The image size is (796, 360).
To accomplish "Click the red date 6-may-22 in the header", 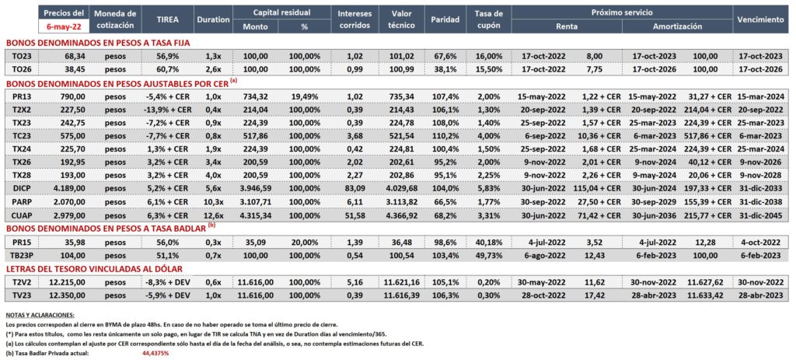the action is [63, 26].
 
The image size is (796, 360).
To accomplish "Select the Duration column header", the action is [213, 19].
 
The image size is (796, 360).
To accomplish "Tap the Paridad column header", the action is [445, 19].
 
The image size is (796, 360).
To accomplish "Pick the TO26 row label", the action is [22, 69].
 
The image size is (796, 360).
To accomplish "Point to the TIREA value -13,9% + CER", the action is [166, 109].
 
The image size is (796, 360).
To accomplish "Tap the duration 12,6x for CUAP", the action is [213, 215].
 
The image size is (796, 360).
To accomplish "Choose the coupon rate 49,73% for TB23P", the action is [490, 255].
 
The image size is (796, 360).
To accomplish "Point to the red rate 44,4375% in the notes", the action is [155, 352].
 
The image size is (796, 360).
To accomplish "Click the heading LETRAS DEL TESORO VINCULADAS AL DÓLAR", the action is [94, 268].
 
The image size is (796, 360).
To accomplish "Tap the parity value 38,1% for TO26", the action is [445, 69].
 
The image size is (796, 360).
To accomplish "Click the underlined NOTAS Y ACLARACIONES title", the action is [40, 316].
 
